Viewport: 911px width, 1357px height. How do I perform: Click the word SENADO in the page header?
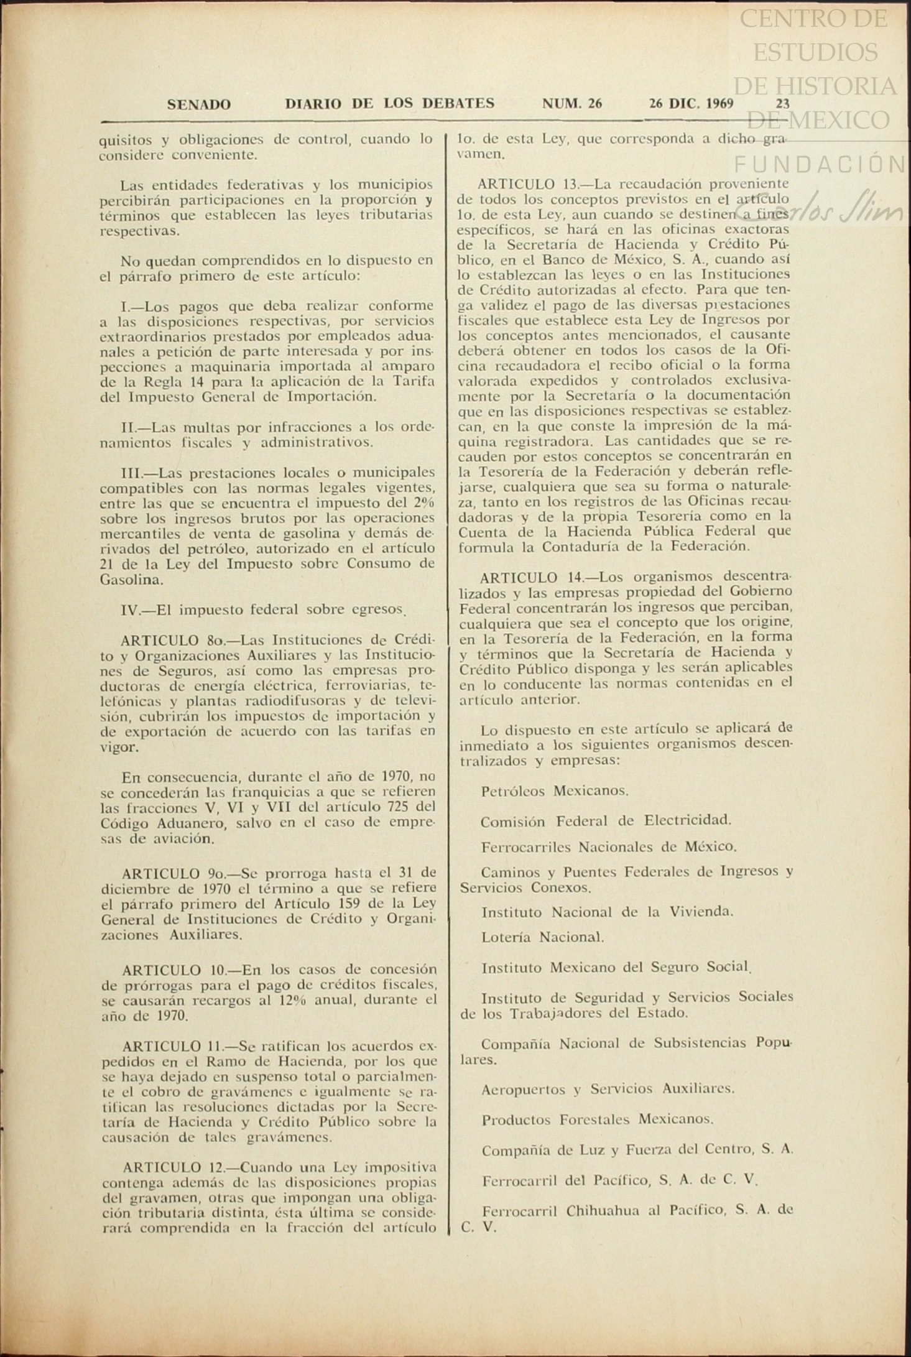(198, 104)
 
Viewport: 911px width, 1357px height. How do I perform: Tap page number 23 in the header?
(782, 103)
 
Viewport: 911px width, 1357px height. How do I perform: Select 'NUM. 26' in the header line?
(571, 103)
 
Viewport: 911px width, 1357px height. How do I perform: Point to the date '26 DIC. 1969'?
(691, 103)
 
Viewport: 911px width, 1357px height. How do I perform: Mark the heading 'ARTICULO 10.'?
(169, 970)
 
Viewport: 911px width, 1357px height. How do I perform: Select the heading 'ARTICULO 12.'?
(170, 1167)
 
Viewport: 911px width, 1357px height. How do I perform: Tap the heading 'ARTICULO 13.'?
(524, 184)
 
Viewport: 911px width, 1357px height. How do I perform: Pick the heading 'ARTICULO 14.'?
(527, 577)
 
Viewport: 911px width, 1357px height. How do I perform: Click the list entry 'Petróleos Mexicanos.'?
(555, 791)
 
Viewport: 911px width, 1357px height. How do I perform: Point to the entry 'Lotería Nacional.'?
(542, 937)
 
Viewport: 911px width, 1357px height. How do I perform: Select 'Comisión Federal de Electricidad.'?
(606, 821)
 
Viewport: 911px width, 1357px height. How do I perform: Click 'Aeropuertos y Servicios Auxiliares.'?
(608, 1089)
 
